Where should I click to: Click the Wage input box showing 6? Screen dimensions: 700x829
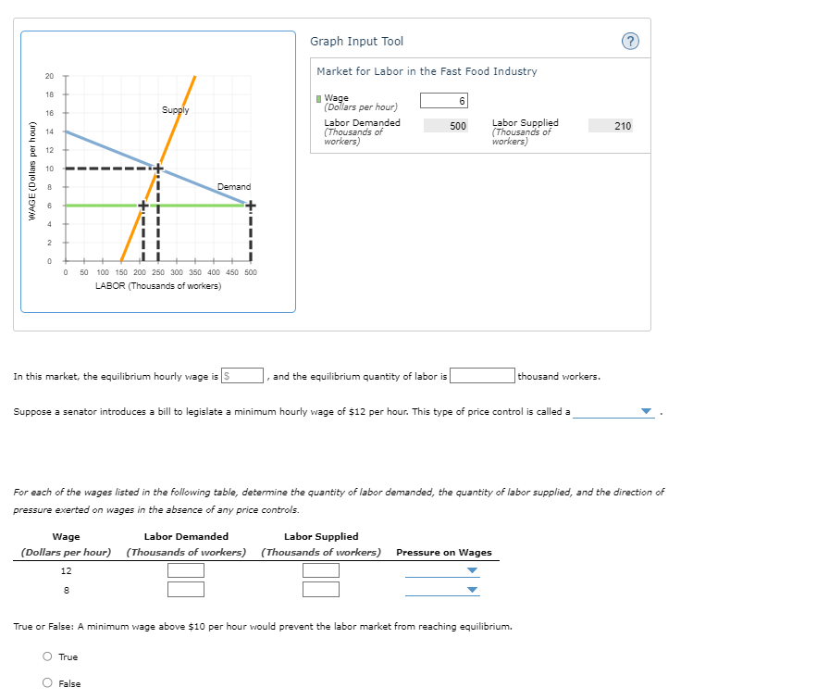coord(445,101)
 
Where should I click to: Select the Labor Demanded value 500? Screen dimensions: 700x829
coord(447,125)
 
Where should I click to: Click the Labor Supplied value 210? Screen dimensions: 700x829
coord(611,125)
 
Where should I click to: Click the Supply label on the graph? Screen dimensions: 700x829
coord(175,110)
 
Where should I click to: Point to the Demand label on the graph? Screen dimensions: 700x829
coord(234,187)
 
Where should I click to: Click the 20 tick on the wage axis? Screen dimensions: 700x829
coord(50,76)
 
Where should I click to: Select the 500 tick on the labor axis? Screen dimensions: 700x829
coord(250,273)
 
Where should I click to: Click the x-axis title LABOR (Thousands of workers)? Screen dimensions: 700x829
coord(158,286)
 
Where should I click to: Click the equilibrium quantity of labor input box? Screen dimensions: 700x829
coord(482,376)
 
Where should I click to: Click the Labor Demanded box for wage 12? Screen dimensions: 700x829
coord(186,570)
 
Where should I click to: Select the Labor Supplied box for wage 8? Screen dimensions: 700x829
coord(320,589)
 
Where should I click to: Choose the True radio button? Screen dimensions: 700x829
coord(47,657)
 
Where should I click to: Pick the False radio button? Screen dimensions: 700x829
coord(47,684)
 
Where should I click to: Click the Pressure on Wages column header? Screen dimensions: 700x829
coord(444,553)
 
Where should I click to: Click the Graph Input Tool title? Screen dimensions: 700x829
coord(356,42)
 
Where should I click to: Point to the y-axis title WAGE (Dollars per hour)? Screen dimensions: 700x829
coord(32,170)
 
